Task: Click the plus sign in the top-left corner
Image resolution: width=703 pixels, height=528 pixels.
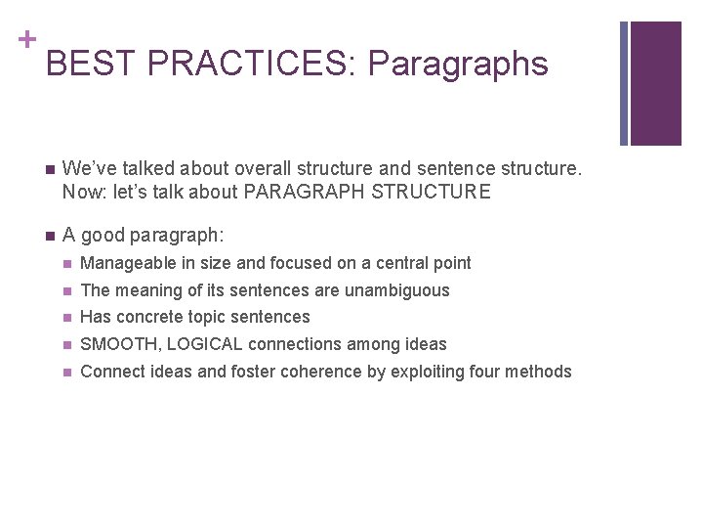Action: [x=25, y=40]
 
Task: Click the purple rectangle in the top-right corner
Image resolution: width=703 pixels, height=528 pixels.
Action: [x=655, y=83]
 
